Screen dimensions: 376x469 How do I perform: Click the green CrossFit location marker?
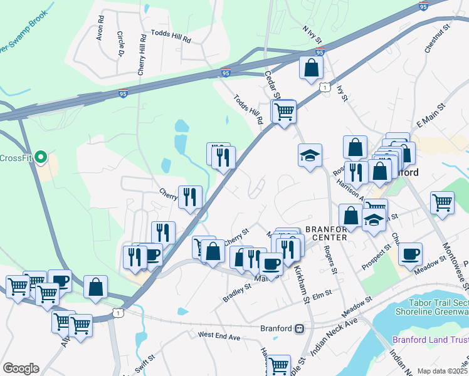click(x=41, y=157)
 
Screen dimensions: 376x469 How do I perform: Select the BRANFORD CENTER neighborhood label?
click(x=326, y=233)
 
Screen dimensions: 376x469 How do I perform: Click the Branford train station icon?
click(x=300, y=328)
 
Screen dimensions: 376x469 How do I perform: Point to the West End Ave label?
click(x=219, y=337)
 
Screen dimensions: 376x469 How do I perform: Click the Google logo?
click(x=21, y=368)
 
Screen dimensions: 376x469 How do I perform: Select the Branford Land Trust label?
click(x=430, y=340)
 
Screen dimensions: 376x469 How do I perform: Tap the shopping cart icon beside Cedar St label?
click(x=285, y=112)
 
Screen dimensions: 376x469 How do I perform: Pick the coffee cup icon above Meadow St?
click(x=410, y=254)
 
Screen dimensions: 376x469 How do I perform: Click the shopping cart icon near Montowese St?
click(x=443, y=202)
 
